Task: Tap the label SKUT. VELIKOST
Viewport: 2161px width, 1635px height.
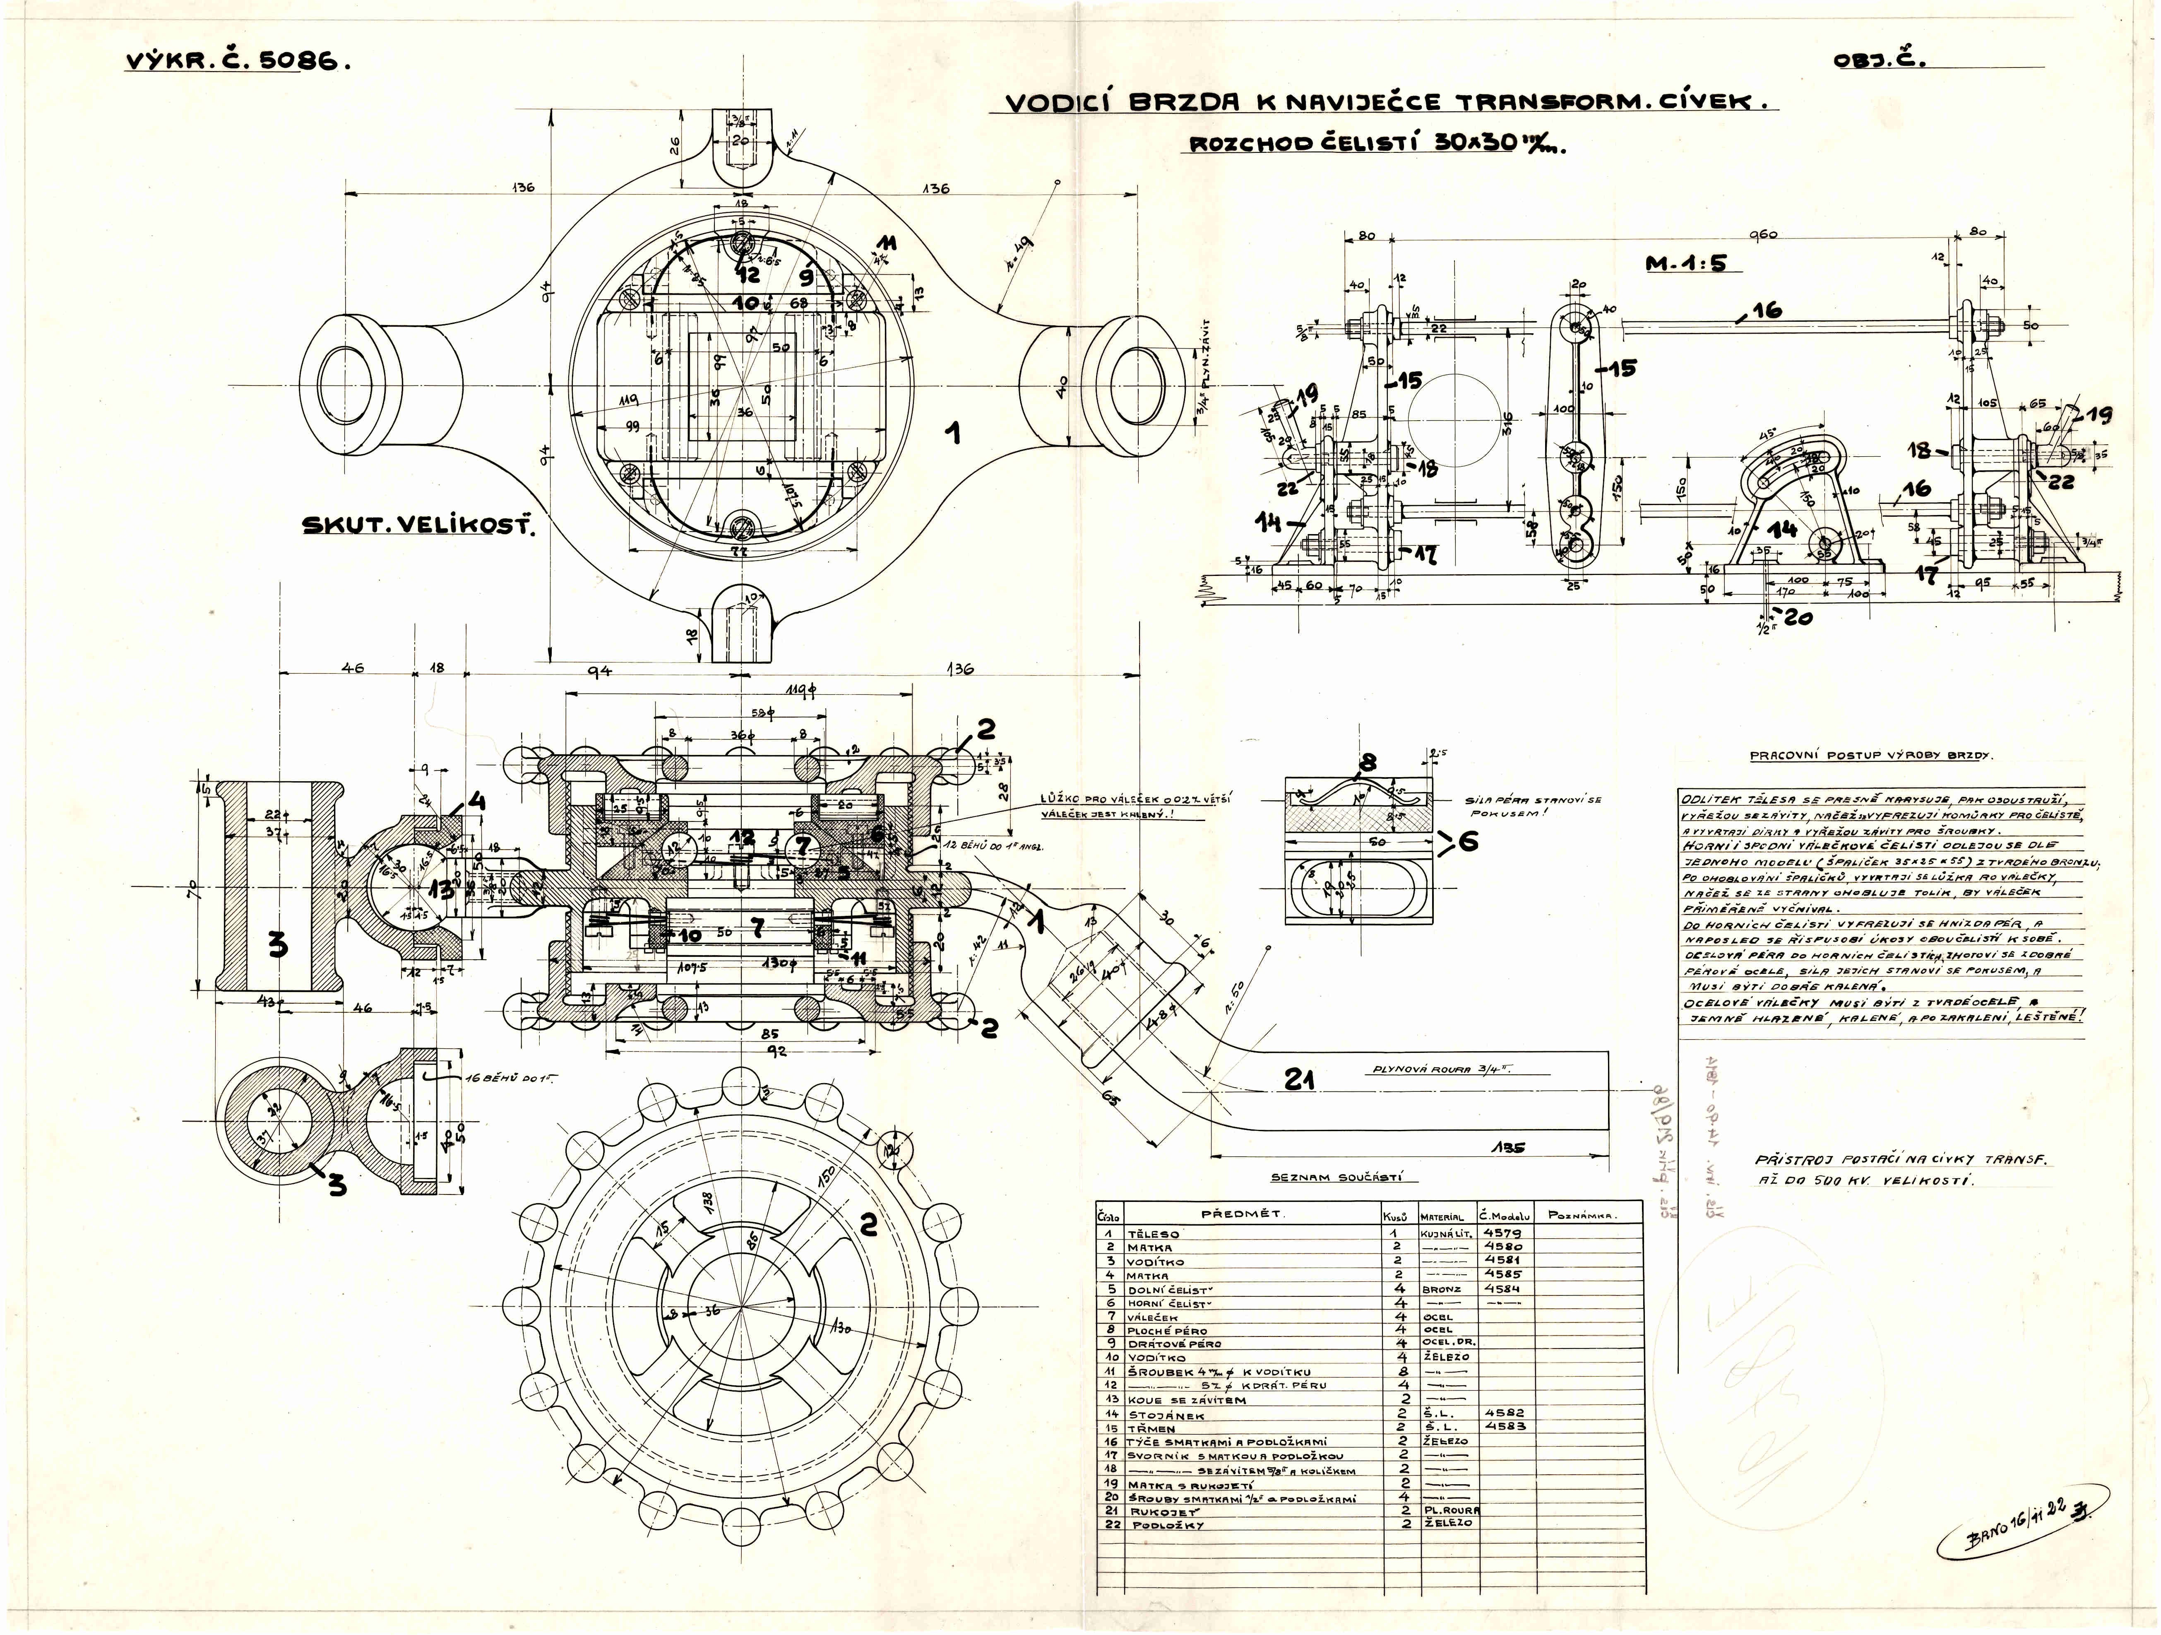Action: (x=420, y=526)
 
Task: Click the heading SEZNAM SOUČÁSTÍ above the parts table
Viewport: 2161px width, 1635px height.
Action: (x=1343, y=1179)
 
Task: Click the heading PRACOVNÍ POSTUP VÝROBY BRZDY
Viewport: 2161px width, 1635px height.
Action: (x=1870, y=756)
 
